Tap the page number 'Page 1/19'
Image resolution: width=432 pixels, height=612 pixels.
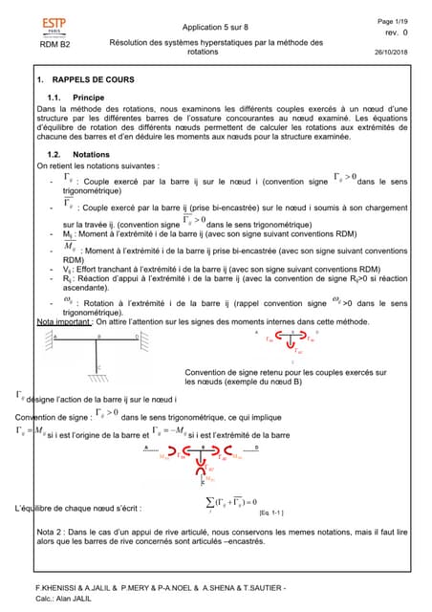395,20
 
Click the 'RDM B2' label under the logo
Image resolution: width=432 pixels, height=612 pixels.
54,44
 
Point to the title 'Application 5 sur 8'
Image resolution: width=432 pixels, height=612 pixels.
215,27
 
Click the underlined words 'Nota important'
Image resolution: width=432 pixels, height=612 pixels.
66,323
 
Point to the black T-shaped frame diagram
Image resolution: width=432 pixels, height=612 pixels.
97,353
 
